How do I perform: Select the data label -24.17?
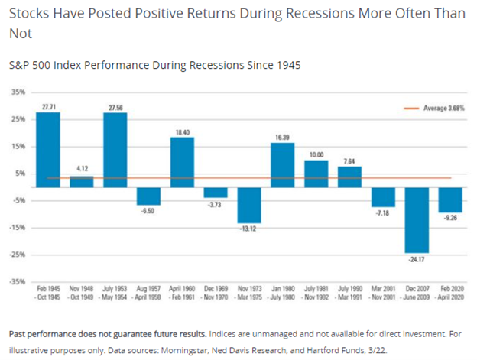tap(417, 258)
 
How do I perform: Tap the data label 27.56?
tap(115, 108)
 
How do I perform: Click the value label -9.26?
tap(450, 218)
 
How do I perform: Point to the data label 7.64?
tap(349, 161)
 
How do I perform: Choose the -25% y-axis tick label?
tap(17, 254)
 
